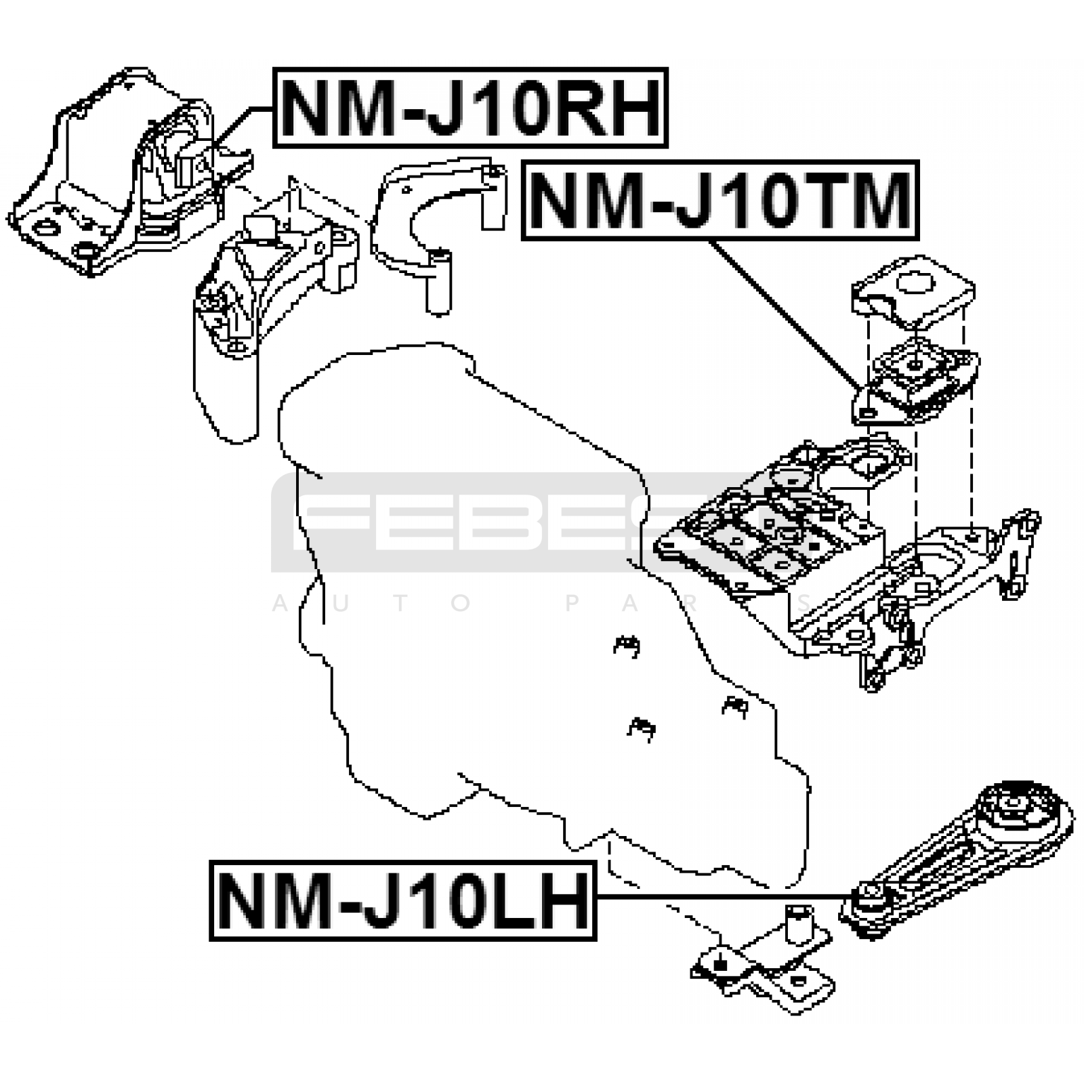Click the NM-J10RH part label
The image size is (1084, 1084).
coord(470,108)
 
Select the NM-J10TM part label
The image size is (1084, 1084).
coord(720,201)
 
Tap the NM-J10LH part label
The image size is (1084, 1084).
coord(402,901)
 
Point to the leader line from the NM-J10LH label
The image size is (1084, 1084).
coord(718,896)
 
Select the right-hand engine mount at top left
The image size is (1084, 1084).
coord(122,176)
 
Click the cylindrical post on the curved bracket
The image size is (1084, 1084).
coord(438,285)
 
